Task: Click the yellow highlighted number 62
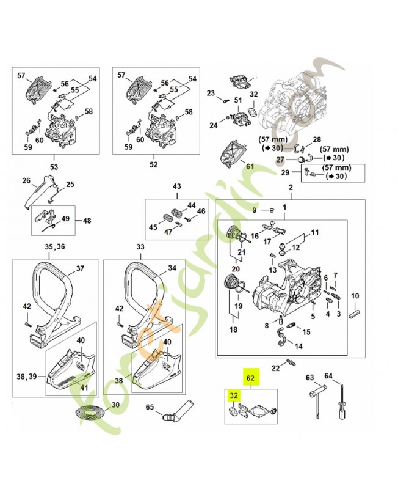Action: [250, 377]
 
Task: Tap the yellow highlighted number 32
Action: [233, 395]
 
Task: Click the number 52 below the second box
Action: [153, 164]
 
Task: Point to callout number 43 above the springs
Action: [178, 186]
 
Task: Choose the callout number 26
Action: [26, 180]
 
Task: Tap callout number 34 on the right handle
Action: [172, 268]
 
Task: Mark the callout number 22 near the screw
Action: [276, 367]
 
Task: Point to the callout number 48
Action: [86, 221]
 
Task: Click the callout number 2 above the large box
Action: [290, 187]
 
